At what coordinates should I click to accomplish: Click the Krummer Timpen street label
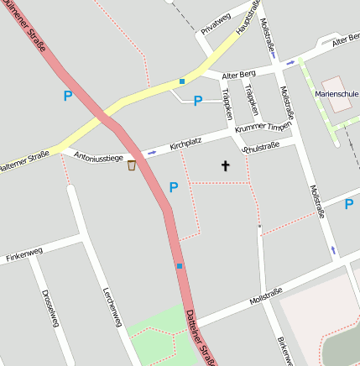pos(263,126)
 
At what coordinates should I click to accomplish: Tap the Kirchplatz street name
pos(187,145)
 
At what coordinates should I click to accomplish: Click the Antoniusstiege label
pos(99,157)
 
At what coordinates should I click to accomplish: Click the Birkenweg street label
pos(284,351)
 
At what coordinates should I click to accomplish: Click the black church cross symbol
pos(225,166)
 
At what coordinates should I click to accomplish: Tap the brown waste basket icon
pos(132,165)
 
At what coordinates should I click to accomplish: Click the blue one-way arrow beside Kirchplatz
pos(151,153)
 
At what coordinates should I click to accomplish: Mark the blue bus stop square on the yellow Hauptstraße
pos(181,81)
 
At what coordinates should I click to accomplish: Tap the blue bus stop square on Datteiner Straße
pos(180,266)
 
